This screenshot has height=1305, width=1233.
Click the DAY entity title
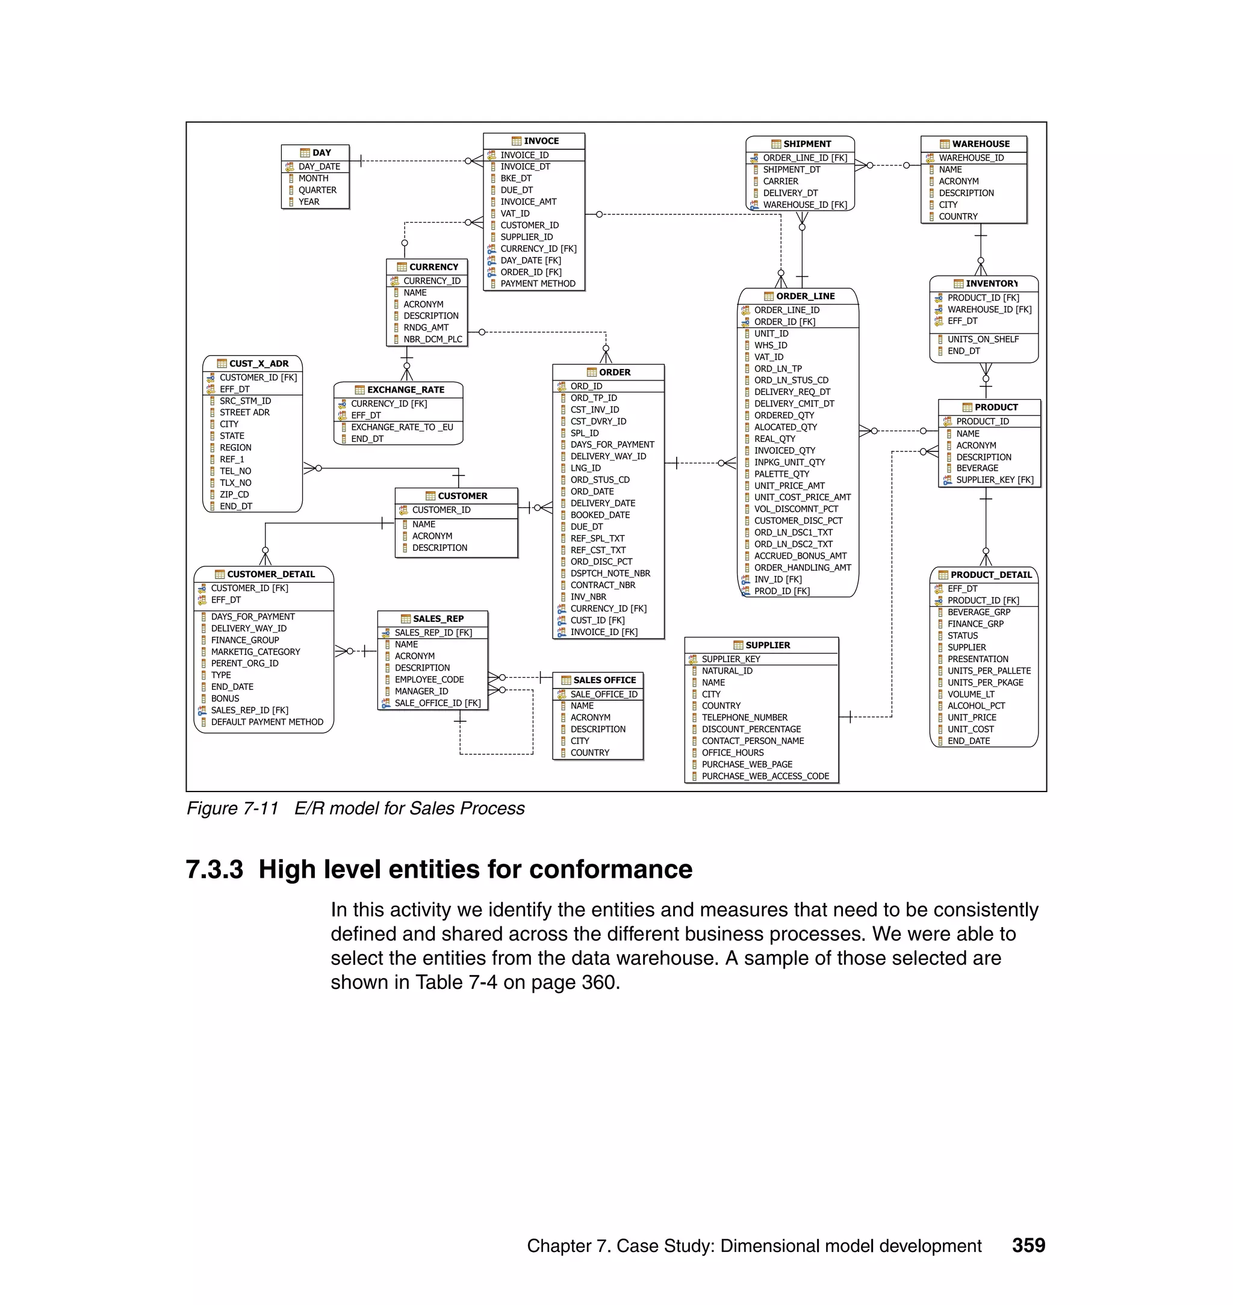click(x=321, y=152)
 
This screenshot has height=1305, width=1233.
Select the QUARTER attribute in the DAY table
click(x=317, y=190)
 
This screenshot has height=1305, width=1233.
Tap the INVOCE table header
click(x=541, y=141)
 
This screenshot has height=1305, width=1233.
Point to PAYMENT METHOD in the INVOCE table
click(x=538, y=284)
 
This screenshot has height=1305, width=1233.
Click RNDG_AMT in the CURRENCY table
click(x=426, y=327)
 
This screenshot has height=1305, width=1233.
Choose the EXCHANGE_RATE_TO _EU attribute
click(x=402, y=427)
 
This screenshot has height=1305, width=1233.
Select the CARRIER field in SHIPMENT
click(x=781, y=181)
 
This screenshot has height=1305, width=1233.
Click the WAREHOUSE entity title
click(x=981, y=144)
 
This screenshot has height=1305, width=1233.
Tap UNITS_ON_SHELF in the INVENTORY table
click(x=983, y=339)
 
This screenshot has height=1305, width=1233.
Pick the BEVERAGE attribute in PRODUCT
click(x=977, y=468)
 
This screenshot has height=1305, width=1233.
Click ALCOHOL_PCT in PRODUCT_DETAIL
click(x=976, y=705)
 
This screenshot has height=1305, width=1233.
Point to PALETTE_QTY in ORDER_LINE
click(x=781, y=474)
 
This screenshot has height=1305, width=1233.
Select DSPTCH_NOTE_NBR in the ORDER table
click(x=610, y=573)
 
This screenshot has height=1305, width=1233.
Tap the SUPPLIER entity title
click(x=768, y=645)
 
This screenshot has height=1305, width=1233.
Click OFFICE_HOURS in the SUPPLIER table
click(x=732, y=752)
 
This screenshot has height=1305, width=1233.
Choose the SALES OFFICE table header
click(x=604, y=680)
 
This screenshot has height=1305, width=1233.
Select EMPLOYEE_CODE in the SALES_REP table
click(x=429, y=680)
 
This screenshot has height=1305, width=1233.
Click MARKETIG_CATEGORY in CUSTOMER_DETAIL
click(x=255, y=652)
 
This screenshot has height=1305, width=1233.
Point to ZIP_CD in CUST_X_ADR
click(x=234, y=494)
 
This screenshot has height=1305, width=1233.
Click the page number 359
click(x=1028, y=1245)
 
